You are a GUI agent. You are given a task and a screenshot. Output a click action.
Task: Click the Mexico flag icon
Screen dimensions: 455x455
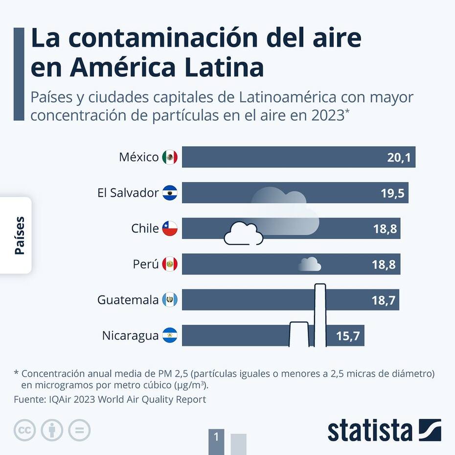170,157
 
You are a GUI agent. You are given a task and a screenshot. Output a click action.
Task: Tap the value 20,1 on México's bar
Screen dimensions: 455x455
398,158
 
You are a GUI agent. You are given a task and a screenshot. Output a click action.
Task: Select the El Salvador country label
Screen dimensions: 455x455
128,193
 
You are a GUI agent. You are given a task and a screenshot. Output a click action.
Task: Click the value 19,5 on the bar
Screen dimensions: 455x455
392,193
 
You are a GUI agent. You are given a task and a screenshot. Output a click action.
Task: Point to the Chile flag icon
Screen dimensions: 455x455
170,228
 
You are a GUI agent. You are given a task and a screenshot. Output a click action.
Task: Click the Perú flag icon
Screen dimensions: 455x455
170,264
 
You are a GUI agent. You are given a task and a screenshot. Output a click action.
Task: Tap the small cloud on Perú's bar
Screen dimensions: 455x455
310,264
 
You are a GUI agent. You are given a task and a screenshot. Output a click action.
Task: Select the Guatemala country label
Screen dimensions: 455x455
128,299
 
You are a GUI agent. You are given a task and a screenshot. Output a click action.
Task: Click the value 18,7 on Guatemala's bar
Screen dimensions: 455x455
384,300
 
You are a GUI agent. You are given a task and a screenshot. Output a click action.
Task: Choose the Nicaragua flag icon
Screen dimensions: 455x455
170,336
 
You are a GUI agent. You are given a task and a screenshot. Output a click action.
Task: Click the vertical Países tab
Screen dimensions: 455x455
19,235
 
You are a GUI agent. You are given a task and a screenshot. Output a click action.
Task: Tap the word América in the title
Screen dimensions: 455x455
121,68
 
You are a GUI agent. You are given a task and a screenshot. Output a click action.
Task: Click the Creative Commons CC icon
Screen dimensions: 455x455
24,430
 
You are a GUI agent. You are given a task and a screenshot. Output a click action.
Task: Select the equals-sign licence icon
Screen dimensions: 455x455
79,430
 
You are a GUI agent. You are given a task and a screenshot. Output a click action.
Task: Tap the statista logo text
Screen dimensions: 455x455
370,431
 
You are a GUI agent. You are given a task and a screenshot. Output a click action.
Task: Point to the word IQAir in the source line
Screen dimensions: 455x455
62,399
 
